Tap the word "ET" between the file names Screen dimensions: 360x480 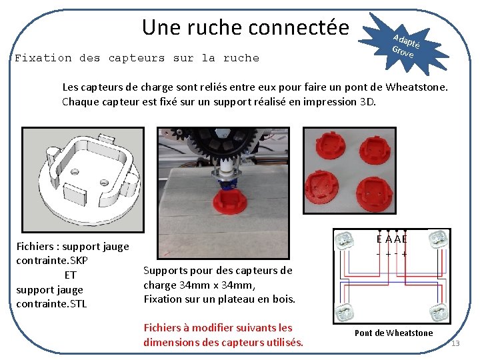click(x=70, y=275)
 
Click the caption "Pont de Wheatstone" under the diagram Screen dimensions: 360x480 click(x=393, y=333)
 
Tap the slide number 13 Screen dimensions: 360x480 click(x=456, y=343)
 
